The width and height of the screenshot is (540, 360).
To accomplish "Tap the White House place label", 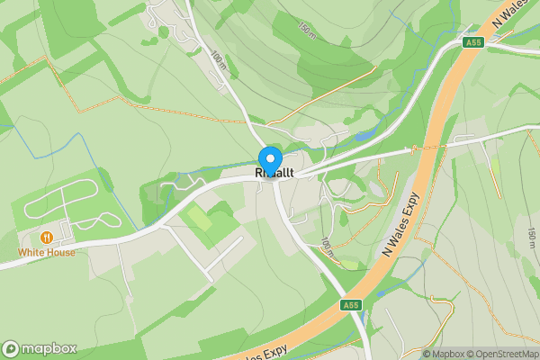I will [47, 253].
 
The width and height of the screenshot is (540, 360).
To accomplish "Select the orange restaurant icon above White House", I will [47, 238].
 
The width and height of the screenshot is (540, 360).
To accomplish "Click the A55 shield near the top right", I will [473, 42].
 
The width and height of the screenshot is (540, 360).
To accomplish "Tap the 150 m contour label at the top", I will [307, 30].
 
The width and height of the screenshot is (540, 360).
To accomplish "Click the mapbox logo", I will [40, 348].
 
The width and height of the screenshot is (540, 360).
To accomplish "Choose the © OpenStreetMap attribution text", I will [502, 354].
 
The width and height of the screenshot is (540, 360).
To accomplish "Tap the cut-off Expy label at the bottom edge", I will [265, 353].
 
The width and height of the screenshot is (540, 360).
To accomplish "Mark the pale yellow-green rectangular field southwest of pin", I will [199, 217].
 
